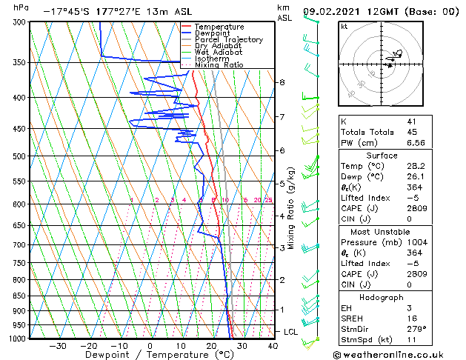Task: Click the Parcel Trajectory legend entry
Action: click(x=228, y=39)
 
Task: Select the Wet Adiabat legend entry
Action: click(x=219, y=52)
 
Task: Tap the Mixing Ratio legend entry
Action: click(x=219, y=65)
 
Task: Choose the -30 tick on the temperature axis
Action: click(x=58, y=345)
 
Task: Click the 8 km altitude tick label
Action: click(x=282, y=81)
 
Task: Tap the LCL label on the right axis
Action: click(x=290, y=332)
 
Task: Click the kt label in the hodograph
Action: click(x=344, y=27)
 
